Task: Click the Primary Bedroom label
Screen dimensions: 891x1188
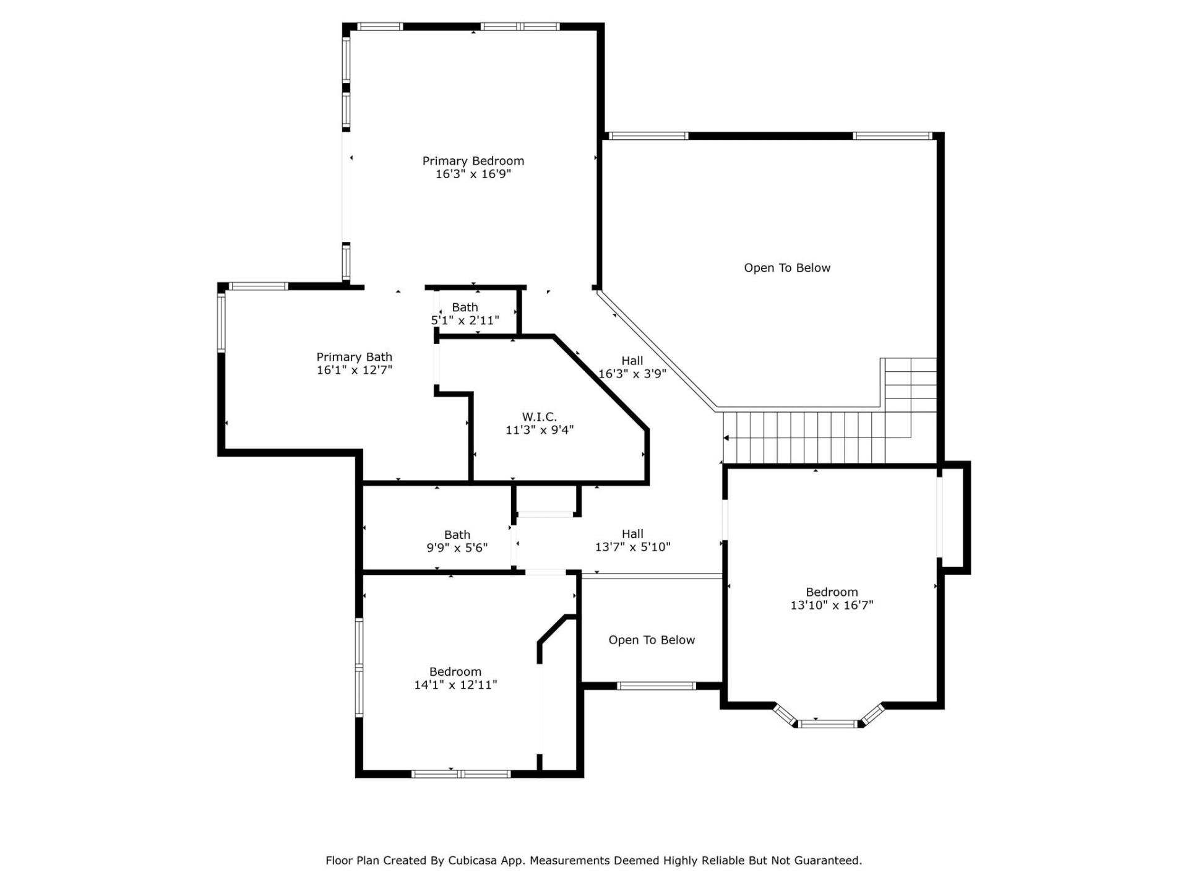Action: [x=473, y=161]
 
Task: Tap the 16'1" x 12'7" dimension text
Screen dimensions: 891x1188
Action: [x=355, y=370]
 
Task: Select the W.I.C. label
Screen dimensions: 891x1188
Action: [x=539, y=417]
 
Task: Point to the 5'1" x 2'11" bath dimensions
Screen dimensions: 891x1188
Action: [x=465, y=321]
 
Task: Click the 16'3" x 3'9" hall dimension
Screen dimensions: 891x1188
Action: [x=632, y=374]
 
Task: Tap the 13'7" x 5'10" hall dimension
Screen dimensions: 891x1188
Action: [x=632, y=547]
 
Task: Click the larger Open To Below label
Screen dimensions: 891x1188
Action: [x=786, y=268]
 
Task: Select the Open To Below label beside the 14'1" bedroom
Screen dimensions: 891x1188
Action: [x=652, y=640]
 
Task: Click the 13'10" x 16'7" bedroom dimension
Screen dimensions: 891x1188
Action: [x=831, y=605]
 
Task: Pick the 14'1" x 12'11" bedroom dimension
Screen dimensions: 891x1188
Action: [x=455, y=685]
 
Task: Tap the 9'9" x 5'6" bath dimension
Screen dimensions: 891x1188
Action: [x=457, y=548]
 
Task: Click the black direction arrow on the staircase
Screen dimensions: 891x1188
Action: [x=726, y=438]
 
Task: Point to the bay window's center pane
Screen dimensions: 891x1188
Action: [x=827, y=723]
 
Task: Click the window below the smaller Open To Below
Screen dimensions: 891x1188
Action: [x=656, y=686]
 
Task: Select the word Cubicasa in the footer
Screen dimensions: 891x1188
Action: [x=472, y=860]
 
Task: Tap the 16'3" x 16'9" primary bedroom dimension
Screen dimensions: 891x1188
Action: [x=473, y=174]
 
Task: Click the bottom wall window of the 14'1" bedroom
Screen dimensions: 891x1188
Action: [x=461, y=773]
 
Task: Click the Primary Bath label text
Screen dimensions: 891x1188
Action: [x=354, y=357]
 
